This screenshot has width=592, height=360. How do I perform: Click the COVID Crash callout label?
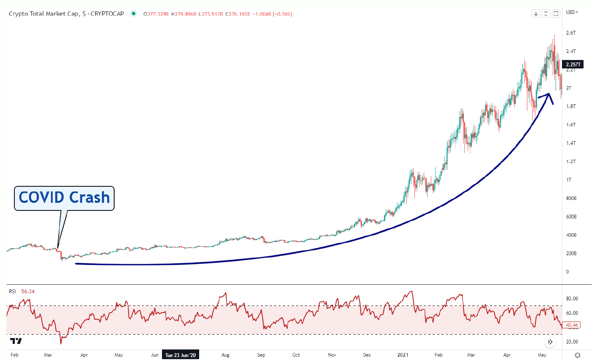click(64, 198)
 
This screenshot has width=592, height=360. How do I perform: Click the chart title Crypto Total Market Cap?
click(44, 14)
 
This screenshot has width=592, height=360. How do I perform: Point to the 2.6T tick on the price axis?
click(572, 33)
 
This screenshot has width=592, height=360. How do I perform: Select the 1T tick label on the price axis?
click(569, 180)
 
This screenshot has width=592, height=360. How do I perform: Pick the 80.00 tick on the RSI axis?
click(572, 299)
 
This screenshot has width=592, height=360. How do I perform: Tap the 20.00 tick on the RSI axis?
click(572, 342)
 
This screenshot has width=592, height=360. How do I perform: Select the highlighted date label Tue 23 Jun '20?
click(181, 355)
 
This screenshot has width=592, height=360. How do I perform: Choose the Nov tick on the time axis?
click(332, 355)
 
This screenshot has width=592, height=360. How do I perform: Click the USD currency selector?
click(571, 12)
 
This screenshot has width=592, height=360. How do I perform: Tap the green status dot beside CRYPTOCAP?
click(134, 14)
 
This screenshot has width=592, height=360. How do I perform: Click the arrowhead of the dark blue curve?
click(549, 94)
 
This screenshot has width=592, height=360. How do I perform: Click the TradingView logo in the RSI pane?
click(16, 341)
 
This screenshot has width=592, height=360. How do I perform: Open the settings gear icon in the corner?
click(578, 355)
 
